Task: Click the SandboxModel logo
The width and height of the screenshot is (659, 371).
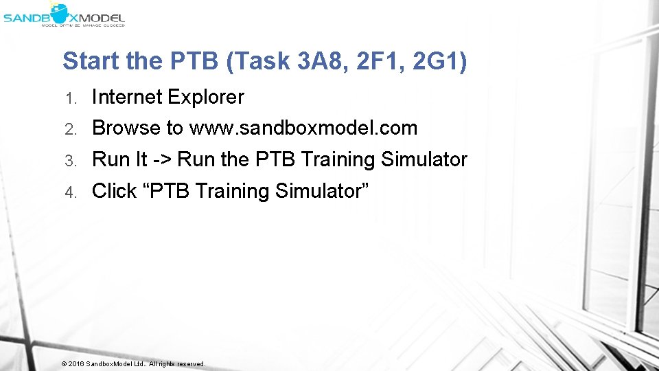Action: [63, 14]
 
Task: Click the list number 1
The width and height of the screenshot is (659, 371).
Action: [69, 98]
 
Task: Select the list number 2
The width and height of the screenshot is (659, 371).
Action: [69, 129]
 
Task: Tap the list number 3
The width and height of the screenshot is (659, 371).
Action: [69, 161]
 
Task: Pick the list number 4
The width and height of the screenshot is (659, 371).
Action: [69, 192]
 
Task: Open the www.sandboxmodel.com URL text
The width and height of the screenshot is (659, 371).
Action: [303, 128]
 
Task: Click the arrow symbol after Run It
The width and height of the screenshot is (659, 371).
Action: [163, 160]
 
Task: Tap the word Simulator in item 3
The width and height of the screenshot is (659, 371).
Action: [424, 160]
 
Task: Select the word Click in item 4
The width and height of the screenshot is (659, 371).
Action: [114, 191]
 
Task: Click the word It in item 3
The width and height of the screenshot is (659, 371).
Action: [140, 160]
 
